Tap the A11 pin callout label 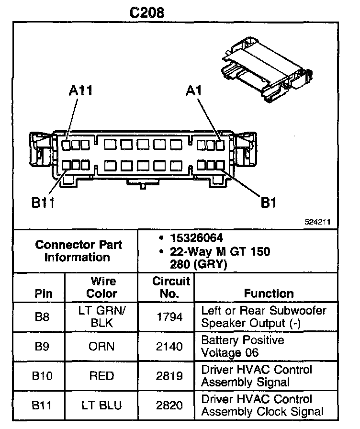pos(81,91)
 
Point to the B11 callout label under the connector pos(43,203)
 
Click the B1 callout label pos(269,203)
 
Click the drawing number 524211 pos(318,223)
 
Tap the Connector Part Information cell pos(79,250)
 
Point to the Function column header pos(269,293)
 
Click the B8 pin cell pos(42,316)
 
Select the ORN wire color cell pos(101,346)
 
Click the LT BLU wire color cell pos(101,406)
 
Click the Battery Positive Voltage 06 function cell pos(243,346)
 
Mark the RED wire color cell pos(101,376)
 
